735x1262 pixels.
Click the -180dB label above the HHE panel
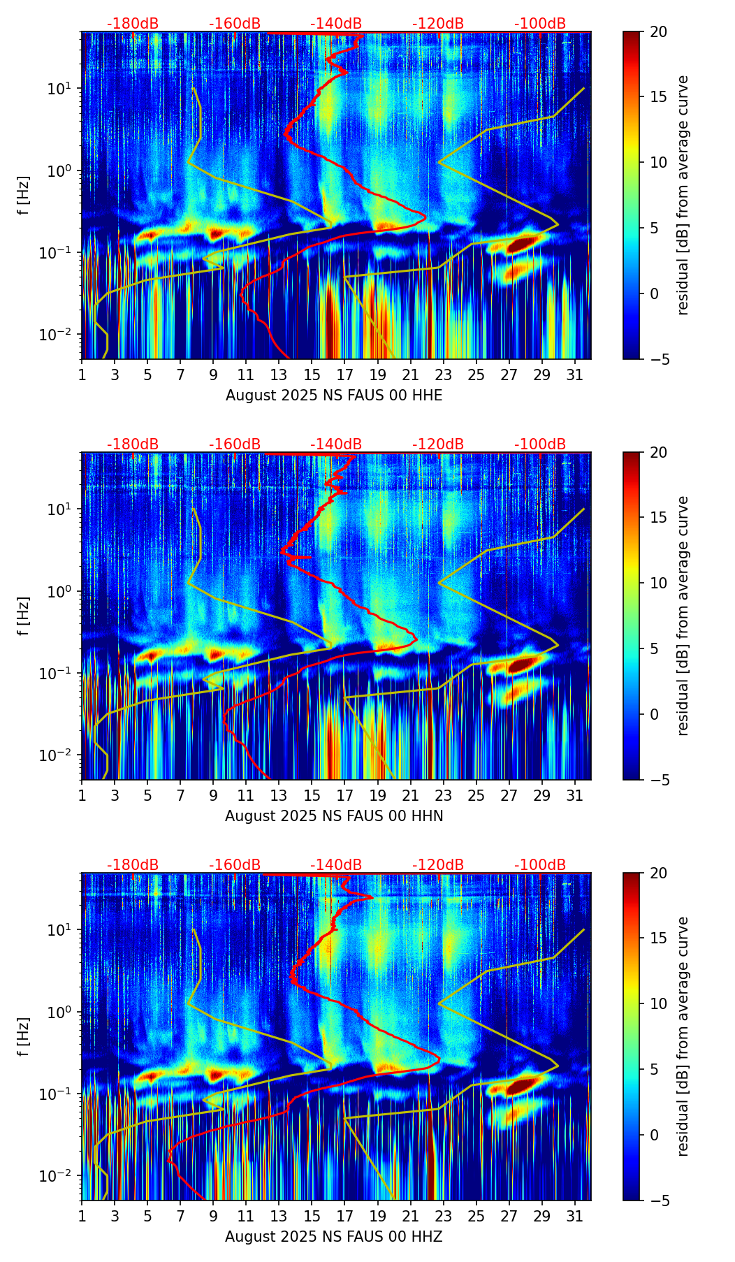click(x=133, y=24)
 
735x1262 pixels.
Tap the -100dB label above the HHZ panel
click(x=540, y=865)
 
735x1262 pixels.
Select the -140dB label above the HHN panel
click(x=336, y=444)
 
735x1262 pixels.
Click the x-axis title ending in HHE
click(x=334, y=396)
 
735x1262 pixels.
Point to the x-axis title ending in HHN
click(x=334, y=816)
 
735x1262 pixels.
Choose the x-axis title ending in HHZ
click(x=334, y=1237)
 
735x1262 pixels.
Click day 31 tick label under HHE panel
click(x=575, y=375)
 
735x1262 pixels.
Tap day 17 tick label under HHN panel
click(x=345, y=796)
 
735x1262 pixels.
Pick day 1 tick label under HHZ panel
click(x=82, y=1217)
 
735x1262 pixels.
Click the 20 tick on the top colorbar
click(x=658, y=32)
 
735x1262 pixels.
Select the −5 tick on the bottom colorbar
click(x=657, y=1201)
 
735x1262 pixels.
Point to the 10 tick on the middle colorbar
click(x=658, y=583)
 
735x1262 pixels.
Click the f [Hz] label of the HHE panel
click(x=24, y=195)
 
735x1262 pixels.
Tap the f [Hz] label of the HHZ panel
click(x=24, y=1036)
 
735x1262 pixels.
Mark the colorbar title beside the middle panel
click(x=683, y=616)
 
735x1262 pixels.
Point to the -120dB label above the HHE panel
click(x=438, y=24)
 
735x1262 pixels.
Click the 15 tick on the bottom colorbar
click(x=658, y=938)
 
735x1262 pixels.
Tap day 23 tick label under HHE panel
click(x=444, y=375)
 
